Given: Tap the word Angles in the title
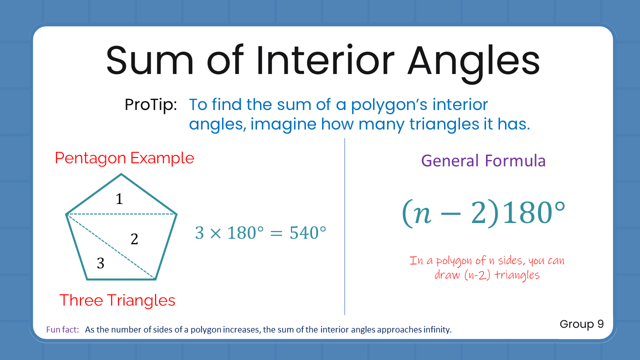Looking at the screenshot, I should (x=473, y=59).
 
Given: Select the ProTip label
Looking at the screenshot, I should (x=150, y=105).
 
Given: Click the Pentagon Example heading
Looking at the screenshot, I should (x=124, y=158).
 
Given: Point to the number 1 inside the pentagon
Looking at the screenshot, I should (x=119, y=199).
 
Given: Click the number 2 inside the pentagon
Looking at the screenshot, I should (x=134, y=239).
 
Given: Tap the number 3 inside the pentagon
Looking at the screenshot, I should (x=100, y=263).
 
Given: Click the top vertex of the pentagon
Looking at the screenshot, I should (x=121, y=174).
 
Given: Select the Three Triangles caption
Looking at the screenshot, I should (x=117, y=300).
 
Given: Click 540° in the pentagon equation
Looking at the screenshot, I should (x=308, y=233).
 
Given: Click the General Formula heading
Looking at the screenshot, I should (x=483, y=160).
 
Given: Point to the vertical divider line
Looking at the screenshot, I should (x=344, y=225).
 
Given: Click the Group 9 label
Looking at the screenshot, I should (x=581, y=324).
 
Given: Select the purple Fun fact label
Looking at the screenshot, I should (x=62, y=330).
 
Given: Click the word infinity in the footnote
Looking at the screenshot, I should (x=435, y=330).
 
